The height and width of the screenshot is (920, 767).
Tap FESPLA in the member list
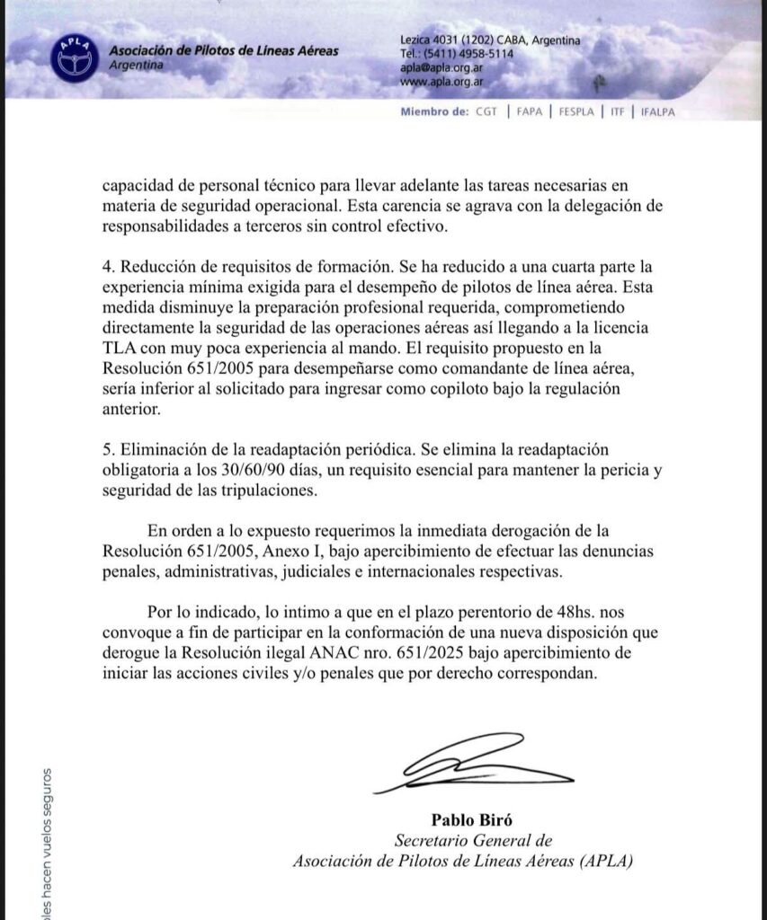575,112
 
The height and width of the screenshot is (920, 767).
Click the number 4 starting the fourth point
105,267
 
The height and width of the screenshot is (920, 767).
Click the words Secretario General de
473,841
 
